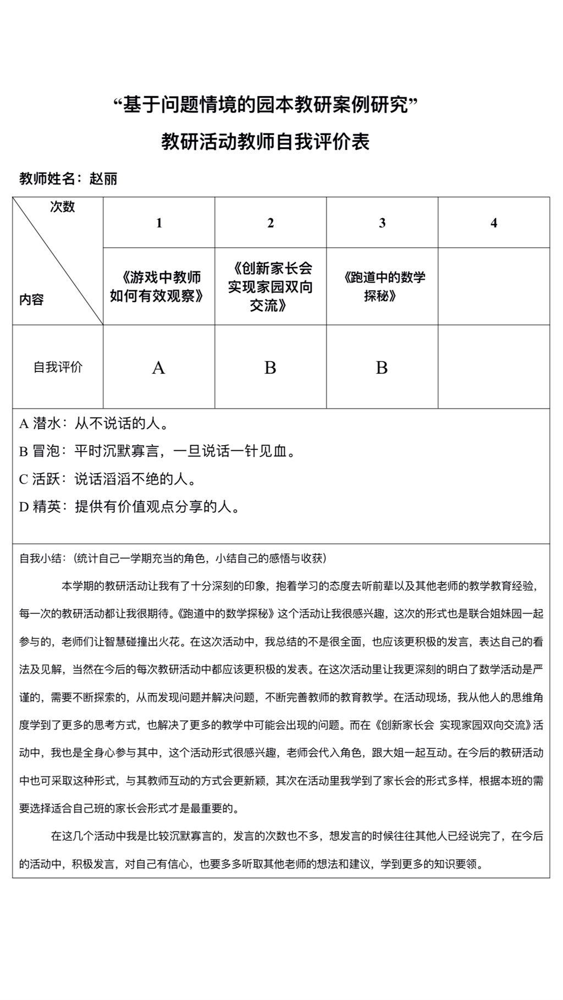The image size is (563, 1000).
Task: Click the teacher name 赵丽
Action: (103, 179)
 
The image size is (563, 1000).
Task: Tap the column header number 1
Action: (159, 223)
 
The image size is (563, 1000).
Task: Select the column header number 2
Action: (271, 223)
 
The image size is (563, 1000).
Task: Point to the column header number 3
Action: (382, 223)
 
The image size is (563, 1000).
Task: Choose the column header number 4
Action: (494, 223)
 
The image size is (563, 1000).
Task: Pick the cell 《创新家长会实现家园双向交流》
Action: (271, 286)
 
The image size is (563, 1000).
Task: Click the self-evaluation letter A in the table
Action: (158, 368)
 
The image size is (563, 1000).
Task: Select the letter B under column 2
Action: (270, 368)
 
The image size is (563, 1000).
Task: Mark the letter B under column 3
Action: (382, 368)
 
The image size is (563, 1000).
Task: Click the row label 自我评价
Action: (58, 367)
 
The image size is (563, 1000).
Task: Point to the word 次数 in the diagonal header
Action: (63, 207)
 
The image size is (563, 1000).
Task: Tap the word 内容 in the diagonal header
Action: (31, 300)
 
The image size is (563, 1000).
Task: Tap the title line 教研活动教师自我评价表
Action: (266, 142)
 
